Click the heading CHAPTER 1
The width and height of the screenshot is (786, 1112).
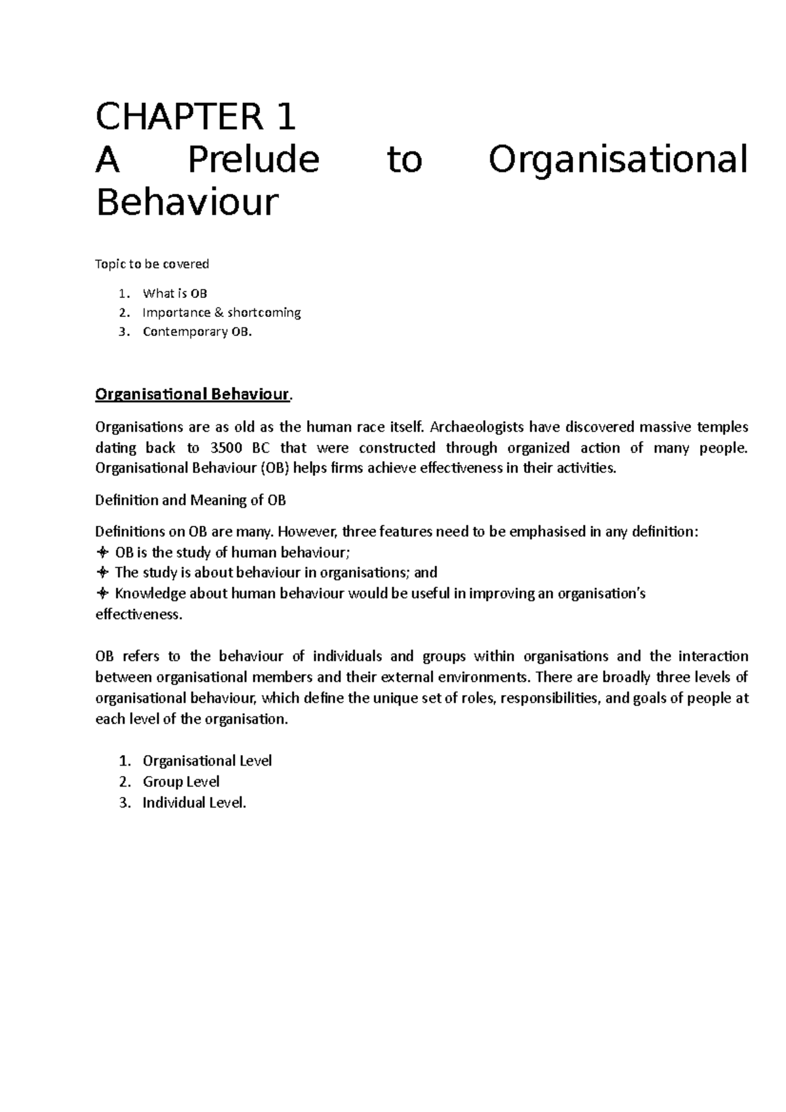(x=195, y=118)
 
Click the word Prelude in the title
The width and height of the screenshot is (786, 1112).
(x=253, y=160)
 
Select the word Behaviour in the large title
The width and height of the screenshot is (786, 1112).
(x=187, y=203)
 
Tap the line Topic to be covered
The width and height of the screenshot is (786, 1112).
(x=152, y=264)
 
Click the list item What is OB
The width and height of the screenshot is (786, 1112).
(x=175, y=293)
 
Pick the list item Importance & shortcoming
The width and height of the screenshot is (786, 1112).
(x=221, y=312)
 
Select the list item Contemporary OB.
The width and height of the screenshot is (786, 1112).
(x=196, y=331)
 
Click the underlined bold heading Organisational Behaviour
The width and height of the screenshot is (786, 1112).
(x=193, y=394)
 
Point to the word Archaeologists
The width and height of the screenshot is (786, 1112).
(x=477, y=428)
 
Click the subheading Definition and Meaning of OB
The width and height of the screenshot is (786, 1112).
(x=191, y=500)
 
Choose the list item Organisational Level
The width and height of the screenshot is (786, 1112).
(x=207, y=761)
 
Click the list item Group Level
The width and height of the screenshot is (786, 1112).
(x=181, y=782)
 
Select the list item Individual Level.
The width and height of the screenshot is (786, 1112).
(x=194, y=803)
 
